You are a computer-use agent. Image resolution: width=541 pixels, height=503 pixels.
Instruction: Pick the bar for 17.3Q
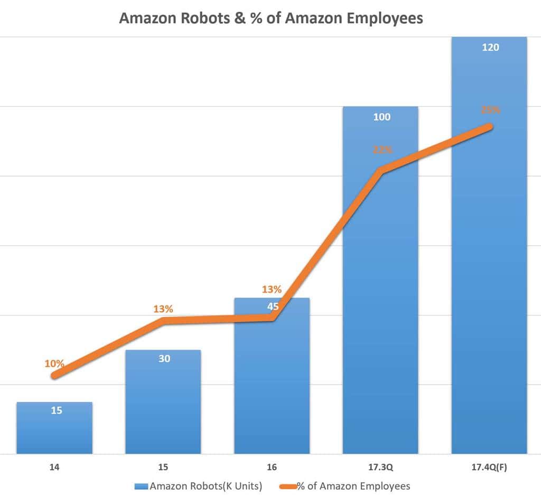[x=380, y=317]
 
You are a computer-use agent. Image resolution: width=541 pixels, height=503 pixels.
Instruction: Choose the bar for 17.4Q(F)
[x=489, y=291]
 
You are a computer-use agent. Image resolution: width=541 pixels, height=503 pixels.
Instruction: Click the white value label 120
[x=490, y=47]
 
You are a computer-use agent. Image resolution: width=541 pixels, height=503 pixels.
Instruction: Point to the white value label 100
[x=381, y=117]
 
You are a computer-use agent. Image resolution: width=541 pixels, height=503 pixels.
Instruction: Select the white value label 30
[x=164, y=359]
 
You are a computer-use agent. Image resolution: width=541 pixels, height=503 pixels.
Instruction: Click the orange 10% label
[x=54, y=364]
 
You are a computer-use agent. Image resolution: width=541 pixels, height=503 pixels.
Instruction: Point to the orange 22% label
[x=383, y=150]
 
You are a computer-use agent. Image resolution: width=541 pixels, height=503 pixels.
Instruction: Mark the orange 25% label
[x=490, y=110]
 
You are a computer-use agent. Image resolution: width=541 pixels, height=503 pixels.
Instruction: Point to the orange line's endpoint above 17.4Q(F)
[x=490, y=127]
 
